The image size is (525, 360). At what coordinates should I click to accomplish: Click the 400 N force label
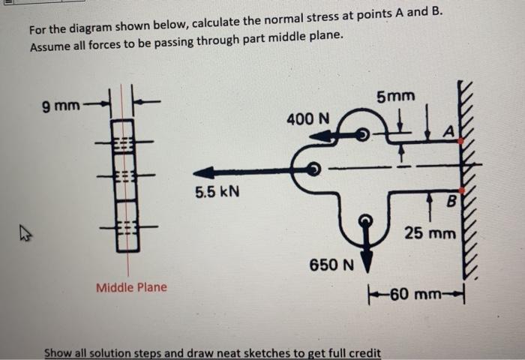click(307, 118)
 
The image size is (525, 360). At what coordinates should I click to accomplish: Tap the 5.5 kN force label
click(217, 192)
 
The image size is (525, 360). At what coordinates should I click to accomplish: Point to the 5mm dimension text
click(395, 97)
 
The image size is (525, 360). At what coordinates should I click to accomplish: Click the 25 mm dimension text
click(430, 234)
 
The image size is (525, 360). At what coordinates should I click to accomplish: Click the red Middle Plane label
click(131, 287)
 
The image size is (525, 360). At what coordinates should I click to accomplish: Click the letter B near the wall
click(451, 200)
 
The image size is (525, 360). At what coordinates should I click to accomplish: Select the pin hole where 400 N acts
click(362, 135)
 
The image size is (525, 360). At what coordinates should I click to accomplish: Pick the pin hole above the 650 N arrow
click(367, 221)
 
